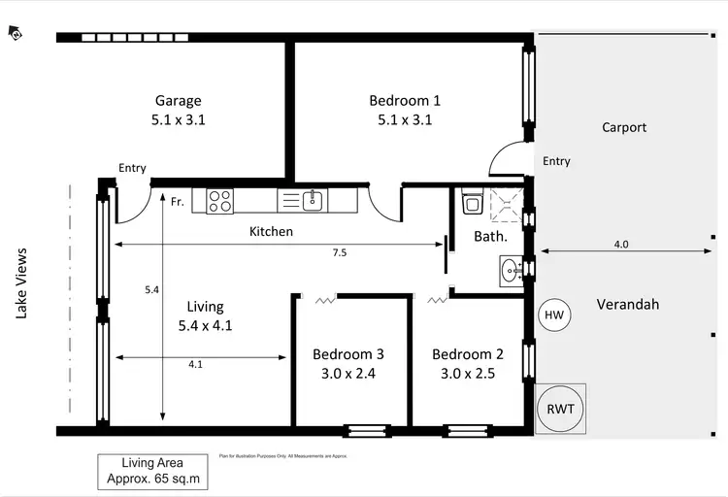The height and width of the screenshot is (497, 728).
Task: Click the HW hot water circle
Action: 554,315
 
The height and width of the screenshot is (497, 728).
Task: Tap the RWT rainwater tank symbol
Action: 560,408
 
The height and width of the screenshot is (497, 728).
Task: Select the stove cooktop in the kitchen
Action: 219,201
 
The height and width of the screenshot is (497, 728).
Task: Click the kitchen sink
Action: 312,201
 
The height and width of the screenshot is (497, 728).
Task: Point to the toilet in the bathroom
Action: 473,200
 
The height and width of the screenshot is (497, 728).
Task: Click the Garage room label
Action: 179,100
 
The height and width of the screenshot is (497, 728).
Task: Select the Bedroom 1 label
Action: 405,100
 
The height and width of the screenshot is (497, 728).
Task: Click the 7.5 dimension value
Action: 339,252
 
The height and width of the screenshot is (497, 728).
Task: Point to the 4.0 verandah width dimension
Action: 621,245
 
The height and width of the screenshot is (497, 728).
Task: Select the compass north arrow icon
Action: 16,33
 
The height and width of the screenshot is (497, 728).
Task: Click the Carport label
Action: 623,127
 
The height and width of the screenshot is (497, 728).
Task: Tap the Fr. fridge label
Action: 178,202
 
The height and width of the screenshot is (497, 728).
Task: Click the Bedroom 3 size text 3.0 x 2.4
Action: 347,372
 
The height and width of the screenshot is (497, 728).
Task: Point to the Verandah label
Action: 627,304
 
